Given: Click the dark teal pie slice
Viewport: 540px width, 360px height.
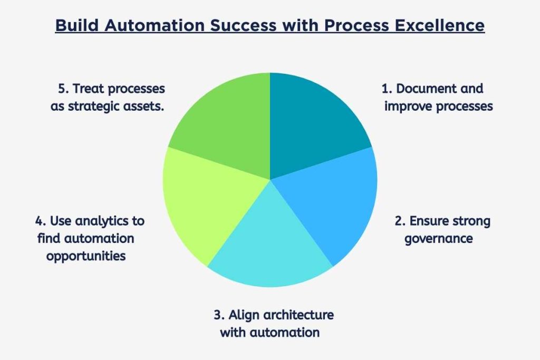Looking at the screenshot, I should pyautogui.click(x=311, y=127).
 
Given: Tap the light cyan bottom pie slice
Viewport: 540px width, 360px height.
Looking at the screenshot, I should pyautogui.click(x=269, y=248).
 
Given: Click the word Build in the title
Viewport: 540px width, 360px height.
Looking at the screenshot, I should pyautogui.click(x=74, y=25).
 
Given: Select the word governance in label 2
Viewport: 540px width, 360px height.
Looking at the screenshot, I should pyautogui.click(x=438, y=238).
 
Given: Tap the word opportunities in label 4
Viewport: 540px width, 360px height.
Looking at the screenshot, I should pyautogui.click(x=86, y=256).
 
